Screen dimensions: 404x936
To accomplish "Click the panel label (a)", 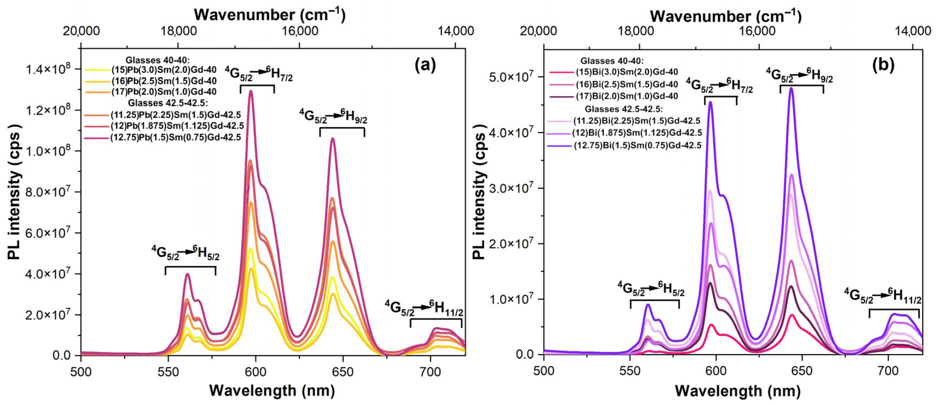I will [425, 65].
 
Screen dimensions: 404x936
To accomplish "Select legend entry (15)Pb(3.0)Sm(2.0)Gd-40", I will [163, 69].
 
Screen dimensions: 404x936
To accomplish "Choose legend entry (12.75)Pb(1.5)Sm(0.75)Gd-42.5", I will [176, 137].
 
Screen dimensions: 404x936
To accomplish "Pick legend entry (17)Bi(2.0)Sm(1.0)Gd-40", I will [627, 96].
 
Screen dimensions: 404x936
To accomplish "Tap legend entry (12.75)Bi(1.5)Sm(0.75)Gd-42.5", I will [637, 145].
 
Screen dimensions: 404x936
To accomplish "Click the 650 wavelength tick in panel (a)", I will [343, 372].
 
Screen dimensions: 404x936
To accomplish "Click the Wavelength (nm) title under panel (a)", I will [272, 391].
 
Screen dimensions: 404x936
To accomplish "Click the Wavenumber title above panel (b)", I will [725, 16].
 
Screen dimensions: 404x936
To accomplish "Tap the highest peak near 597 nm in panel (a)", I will [250, 91].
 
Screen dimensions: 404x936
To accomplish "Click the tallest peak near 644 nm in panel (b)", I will [791, 88].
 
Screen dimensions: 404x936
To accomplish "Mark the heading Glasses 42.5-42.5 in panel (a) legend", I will [162, 103].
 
